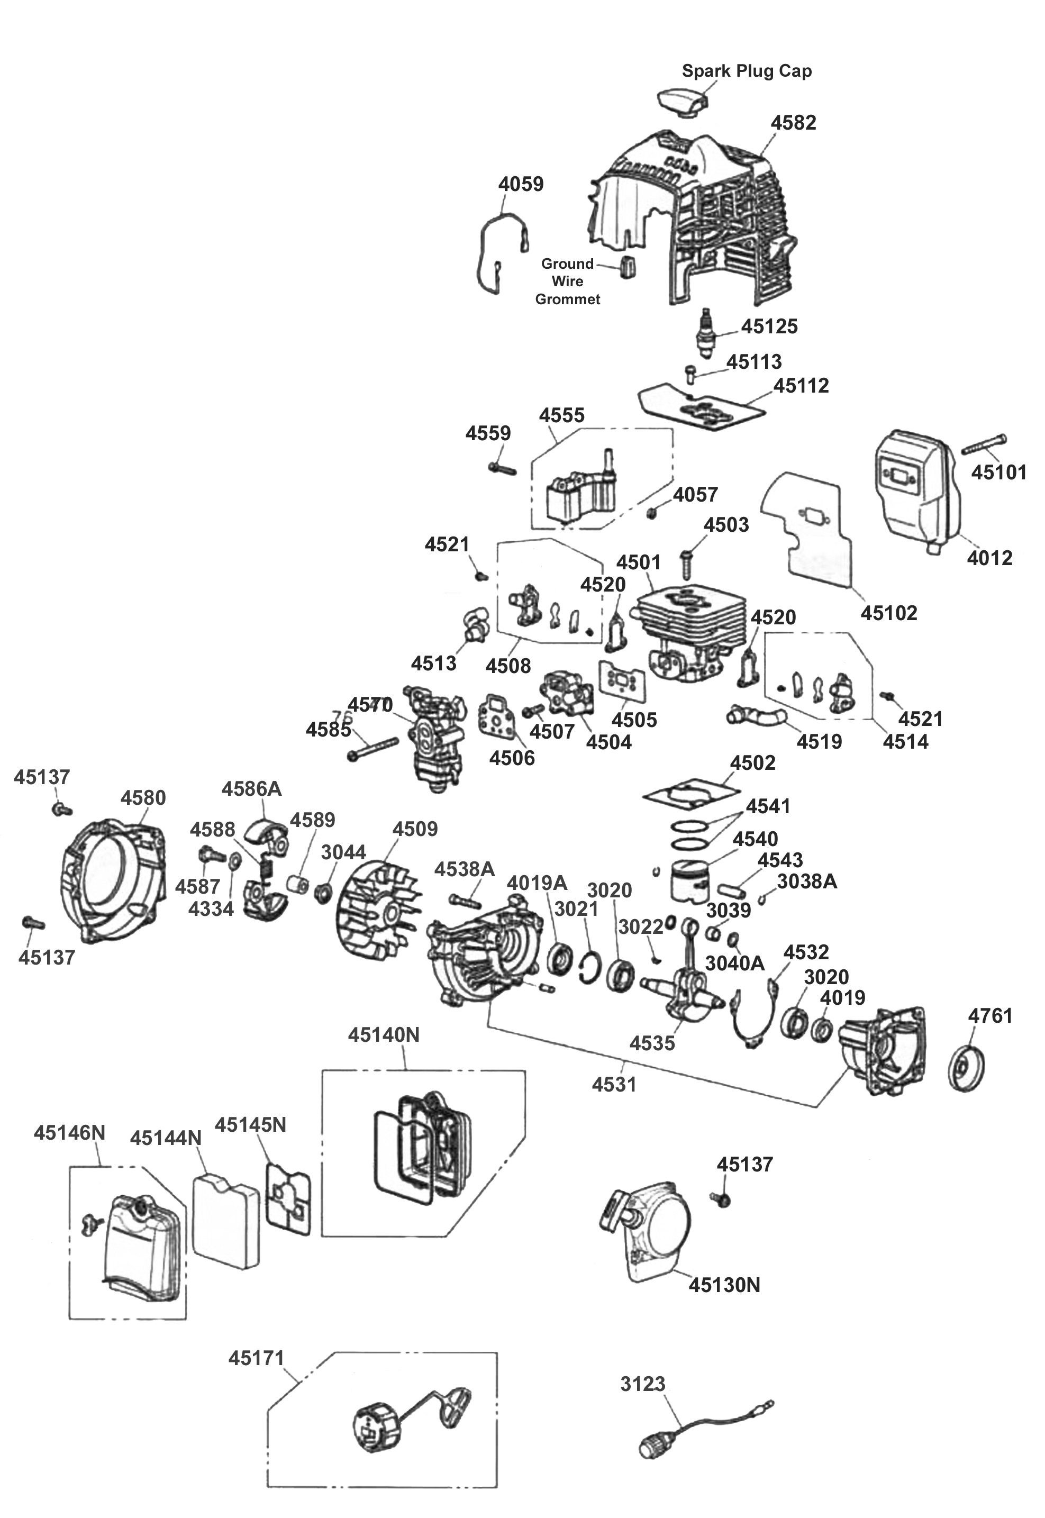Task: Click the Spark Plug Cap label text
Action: (747, 71)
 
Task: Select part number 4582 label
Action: (793, 122)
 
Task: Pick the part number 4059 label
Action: (521, 184)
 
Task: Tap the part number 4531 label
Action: (614, 1085)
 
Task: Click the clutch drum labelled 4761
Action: (967, 1068)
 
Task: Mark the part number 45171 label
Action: (257, 1358)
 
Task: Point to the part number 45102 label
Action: (888, 613)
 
